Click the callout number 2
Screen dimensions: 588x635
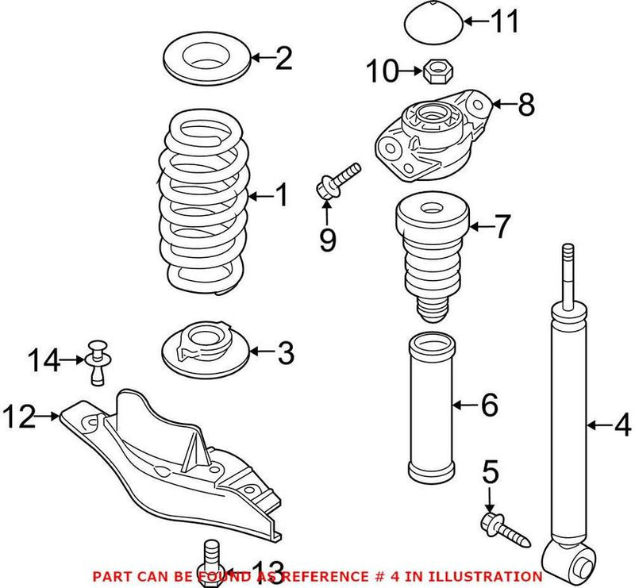pos(283,58)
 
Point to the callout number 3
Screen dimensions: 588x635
pos(284,351)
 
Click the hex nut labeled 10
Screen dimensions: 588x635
pos(435,73)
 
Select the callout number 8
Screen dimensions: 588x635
pos(525,105)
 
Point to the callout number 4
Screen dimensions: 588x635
pos(622,426)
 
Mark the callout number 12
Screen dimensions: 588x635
pos(19,416)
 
